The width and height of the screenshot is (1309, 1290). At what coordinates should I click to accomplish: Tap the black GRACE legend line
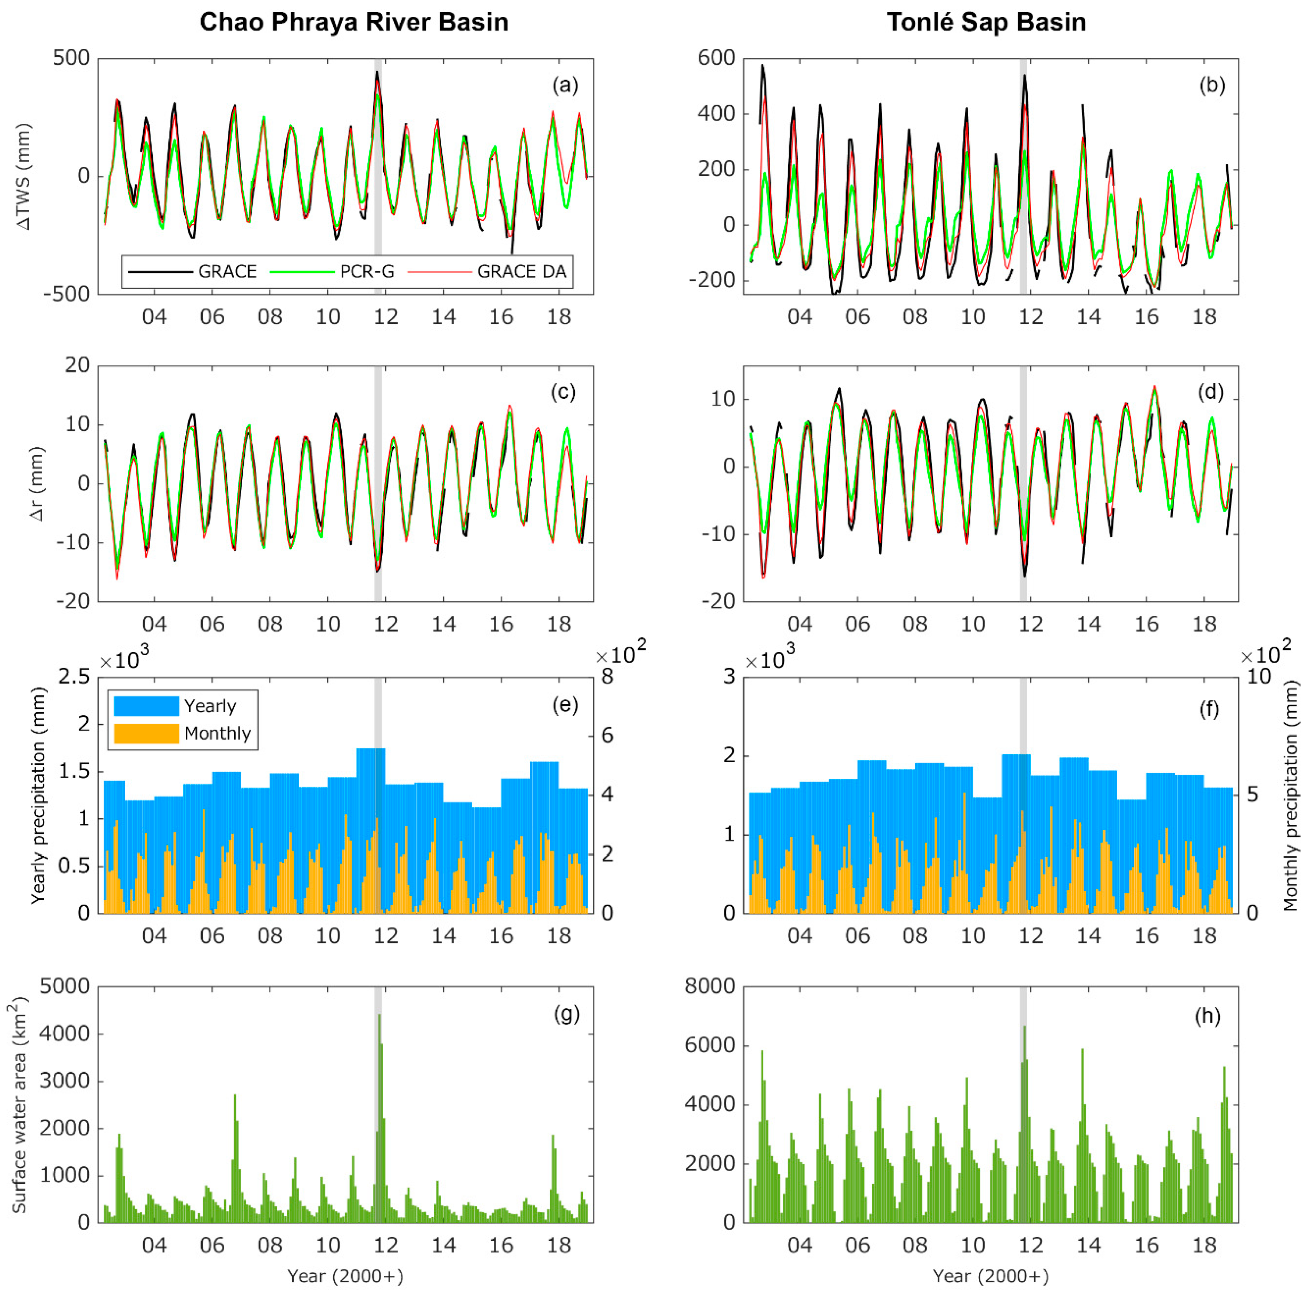click(161, 272)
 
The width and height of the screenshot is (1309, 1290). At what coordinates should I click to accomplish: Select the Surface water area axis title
click(19, 1104)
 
